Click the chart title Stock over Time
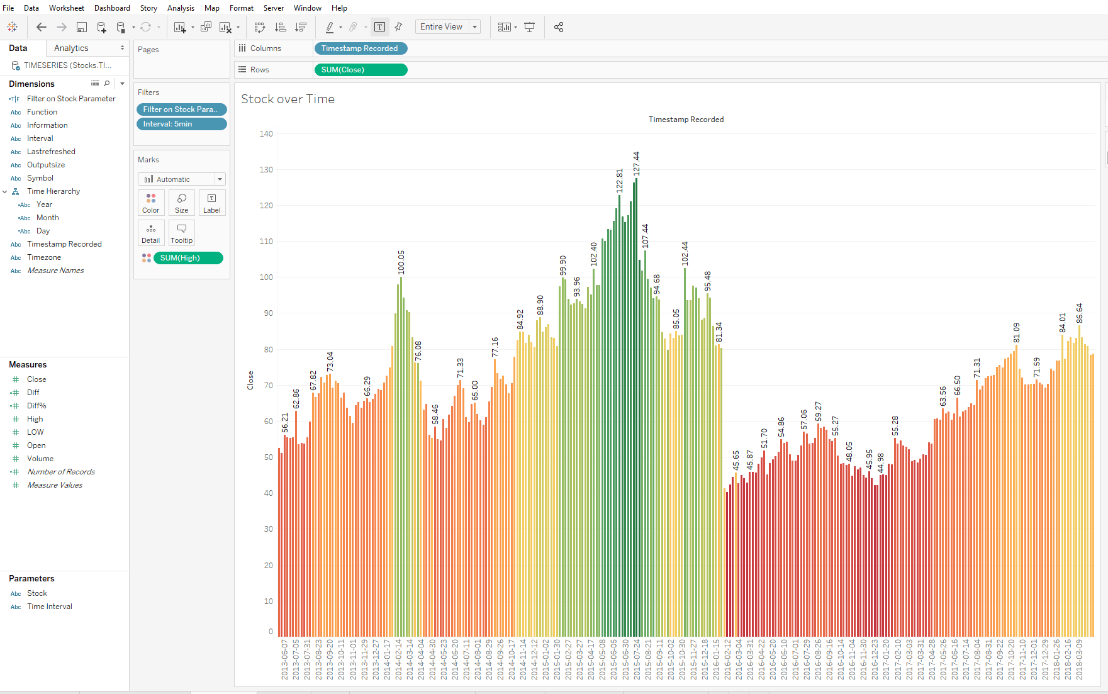pyautogui.click(x=288, y=99)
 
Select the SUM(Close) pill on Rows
pyautogui.click(x=361, y=70)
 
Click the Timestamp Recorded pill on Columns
pyautogui.click(x=360, y=48)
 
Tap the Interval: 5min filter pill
pyautogui.click(x=181, y=124)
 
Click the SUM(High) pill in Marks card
pyautogui.click(x=187, y=258)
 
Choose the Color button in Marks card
pyautogui.click(x=151, y=203)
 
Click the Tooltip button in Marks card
pyautogui.click(x=182, y=233)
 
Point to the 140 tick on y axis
pyautogui.click(x=266, y=134)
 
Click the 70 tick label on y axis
pyautogui.click(x=268, y=386)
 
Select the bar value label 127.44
pyautogui.click(x=636, y=164)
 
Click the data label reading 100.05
pyautogui.click(x=401, y=262)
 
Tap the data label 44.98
pyautogui.click(x=881, y=463)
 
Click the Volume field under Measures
pyautogui.click(x=40, y=459)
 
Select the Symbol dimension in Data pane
pyautogui.click(x=40, y=178)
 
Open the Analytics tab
pyautogui.click(x=71, y=48)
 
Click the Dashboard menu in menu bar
pyautogui.click(x=112, y=8)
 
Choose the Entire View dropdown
pyautogui.click(x=447, y=27)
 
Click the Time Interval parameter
pyautogui.click(x=49, y=607)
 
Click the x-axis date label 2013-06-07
pyautogui.click(x=284, y=659)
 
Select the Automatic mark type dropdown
pyautogui.click(x=181, y=179)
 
